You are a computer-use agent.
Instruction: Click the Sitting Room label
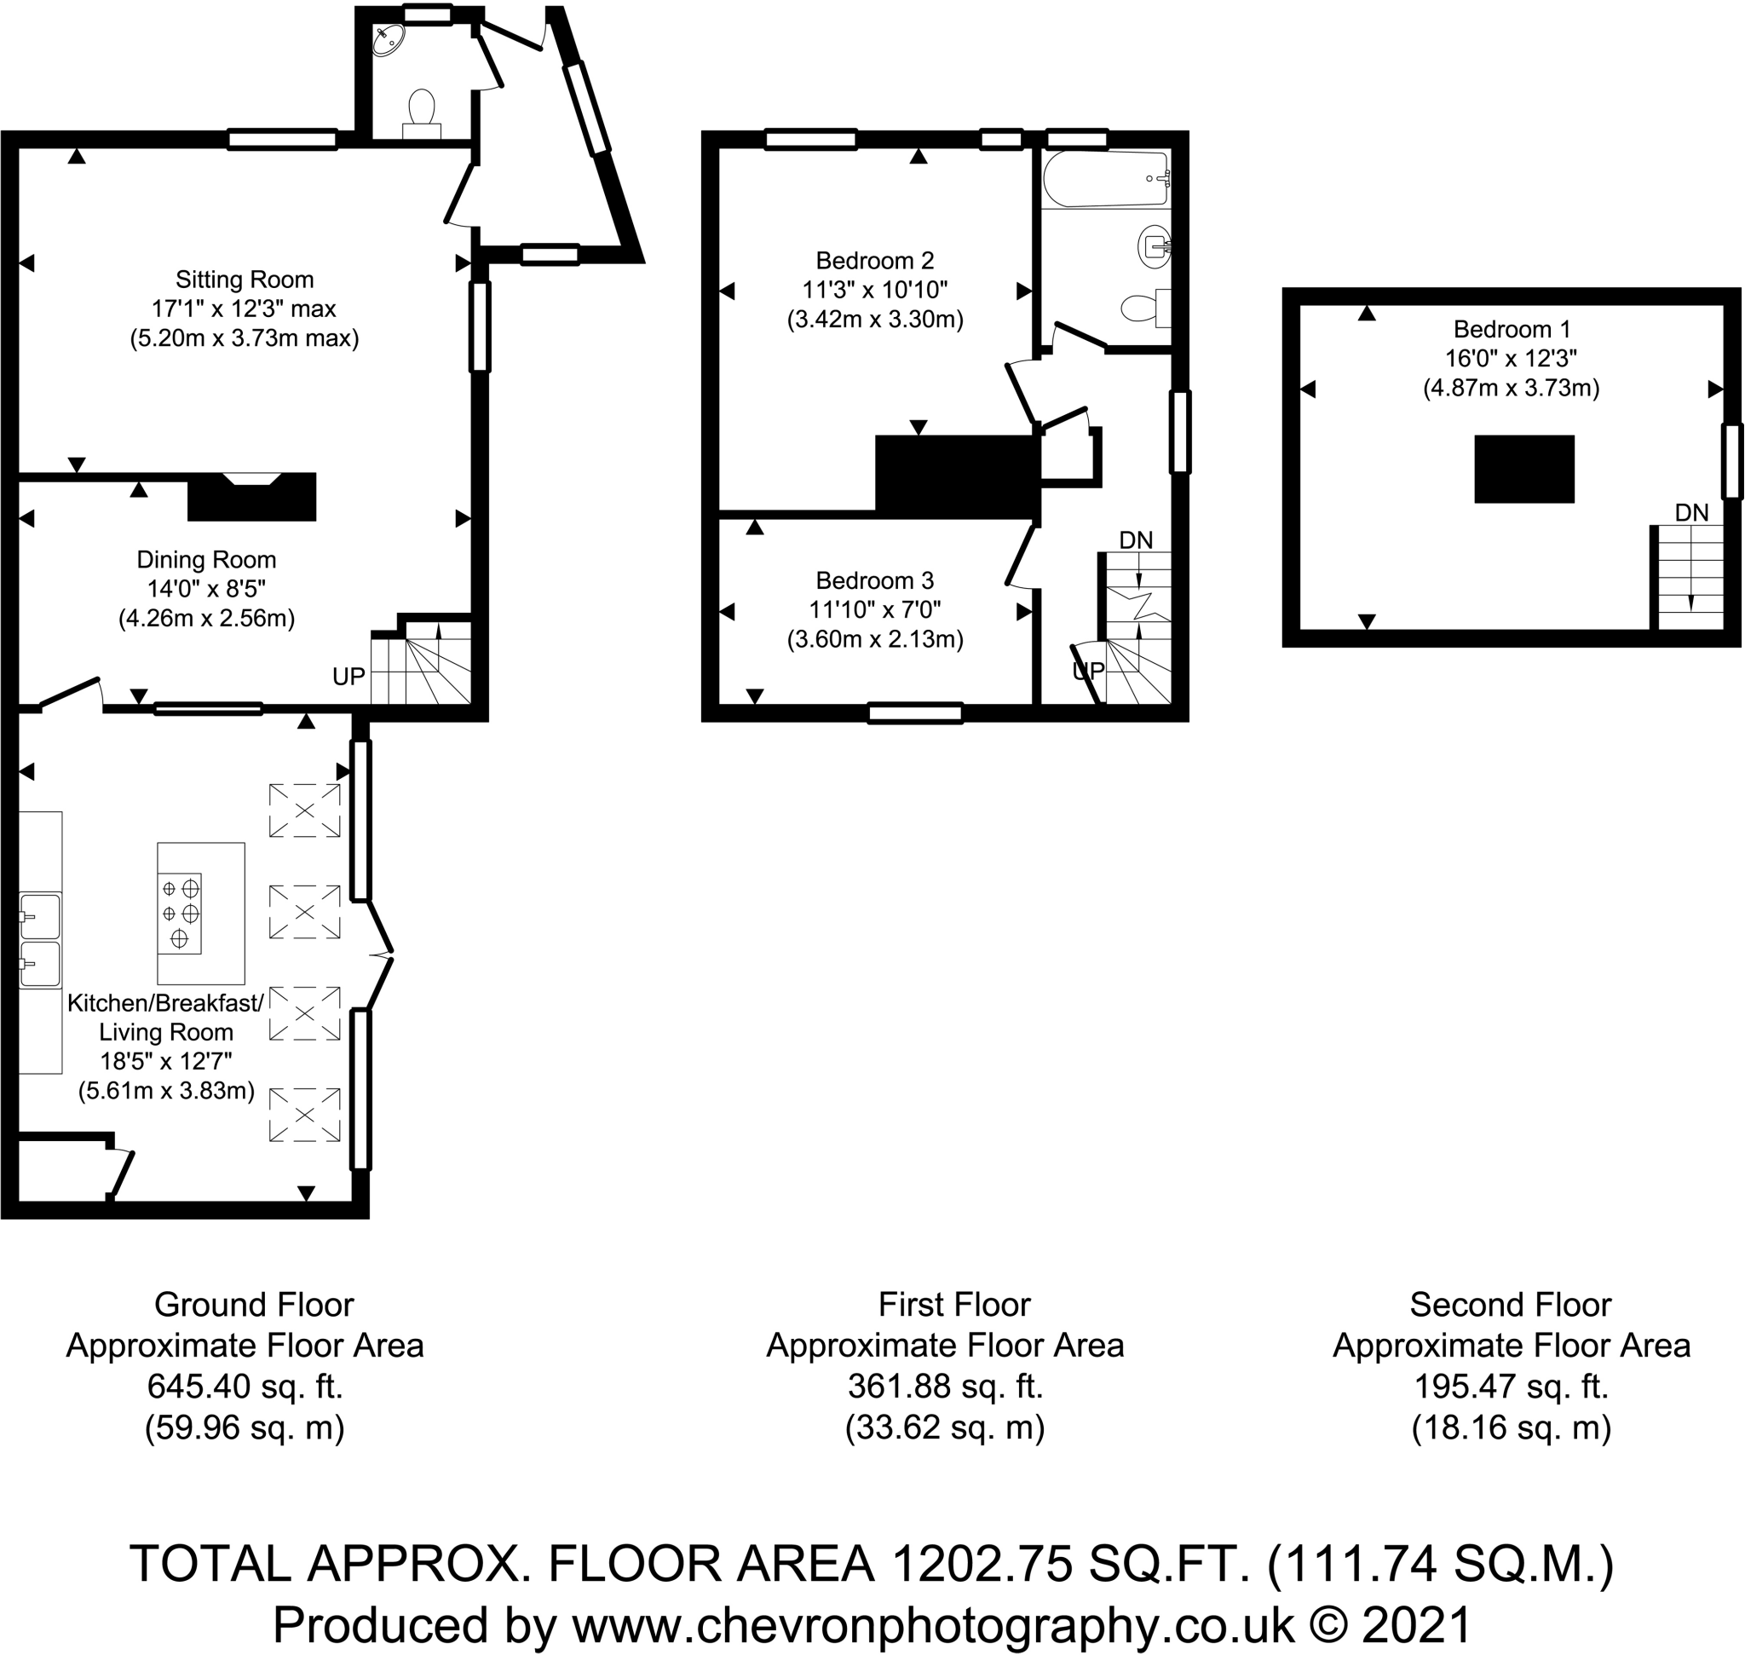point(245,280)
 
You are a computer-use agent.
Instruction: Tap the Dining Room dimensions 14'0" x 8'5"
point(205,588)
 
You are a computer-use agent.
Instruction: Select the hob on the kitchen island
point(180,913)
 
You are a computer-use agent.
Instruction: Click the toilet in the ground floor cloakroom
point(422,109)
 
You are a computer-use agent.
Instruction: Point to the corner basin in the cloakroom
point(389,39)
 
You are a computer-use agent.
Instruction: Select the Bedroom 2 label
point(874,260)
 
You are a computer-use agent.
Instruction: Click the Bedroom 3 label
point(874,580)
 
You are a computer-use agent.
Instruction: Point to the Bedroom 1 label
point(1512,329)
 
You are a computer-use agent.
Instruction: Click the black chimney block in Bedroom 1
point(1523,469)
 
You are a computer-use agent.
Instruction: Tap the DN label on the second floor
point(1691,512)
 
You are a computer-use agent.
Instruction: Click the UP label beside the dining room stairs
point(348,677)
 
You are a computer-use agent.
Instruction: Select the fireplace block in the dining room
point(251,499)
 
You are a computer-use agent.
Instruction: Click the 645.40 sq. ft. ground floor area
point(245,1386)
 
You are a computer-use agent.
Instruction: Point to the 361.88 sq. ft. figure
point(945,1386)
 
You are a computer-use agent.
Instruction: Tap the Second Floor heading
point(1511,1304)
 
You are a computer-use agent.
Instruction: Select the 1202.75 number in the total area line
point(982,1564)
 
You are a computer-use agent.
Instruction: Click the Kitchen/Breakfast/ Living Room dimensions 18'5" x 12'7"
point(166,1061)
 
